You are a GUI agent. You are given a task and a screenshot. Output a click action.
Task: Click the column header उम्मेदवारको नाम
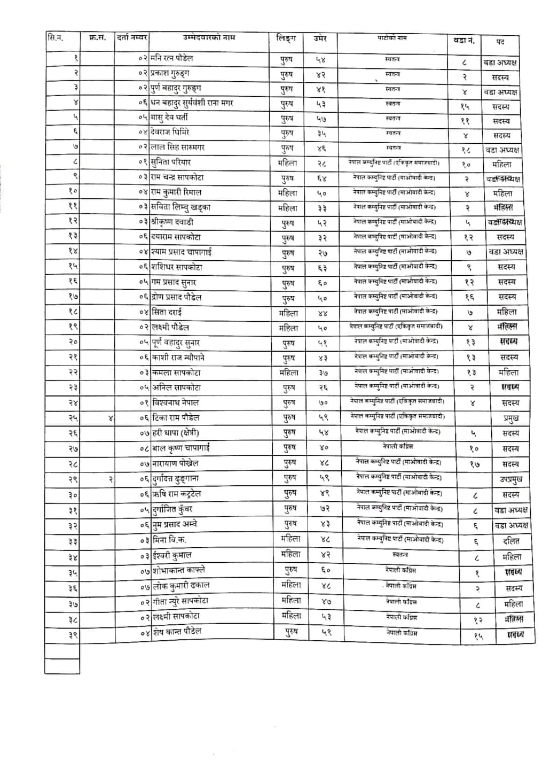(x=208, y=38)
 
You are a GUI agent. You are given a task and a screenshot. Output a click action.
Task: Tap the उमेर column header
(x=320, y=39)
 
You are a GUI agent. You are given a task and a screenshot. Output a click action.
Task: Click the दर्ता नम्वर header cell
(x=132, y=38)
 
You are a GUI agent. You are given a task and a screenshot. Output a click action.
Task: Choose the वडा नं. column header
(x=463, y=40)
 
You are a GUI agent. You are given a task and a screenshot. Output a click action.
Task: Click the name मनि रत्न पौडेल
(x=172, y=58)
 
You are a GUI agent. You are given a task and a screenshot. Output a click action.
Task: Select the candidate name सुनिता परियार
(x=171, y=162)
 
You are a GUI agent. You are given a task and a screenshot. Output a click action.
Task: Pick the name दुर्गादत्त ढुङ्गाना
(x=176, y=478)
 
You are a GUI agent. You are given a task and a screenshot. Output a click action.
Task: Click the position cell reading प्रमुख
(x=511, y=418)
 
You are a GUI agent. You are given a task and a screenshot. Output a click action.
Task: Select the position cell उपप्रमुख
(x=511, y=479)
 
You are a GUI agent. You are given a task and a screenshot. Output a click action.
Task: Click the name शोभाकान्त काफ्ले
(x=179, y=570)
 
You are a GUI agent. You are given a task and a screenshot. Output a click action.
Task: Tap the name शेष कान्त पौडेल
(x=177, y=631)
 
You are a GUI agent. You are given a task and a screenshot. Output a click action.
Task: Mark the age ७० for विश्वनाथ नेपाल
(x=324, y=402)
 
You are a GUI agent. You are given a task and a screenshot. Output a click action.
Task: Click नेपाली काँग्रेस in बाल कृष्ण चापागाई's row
(x=398, y=446)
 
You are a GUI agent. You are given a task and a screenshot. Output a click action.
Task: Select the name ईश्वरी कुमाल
(x=171, y=555)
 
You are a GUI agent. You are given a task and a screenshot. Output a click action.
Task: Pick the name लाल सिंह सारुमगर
(x=177, y=147)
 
